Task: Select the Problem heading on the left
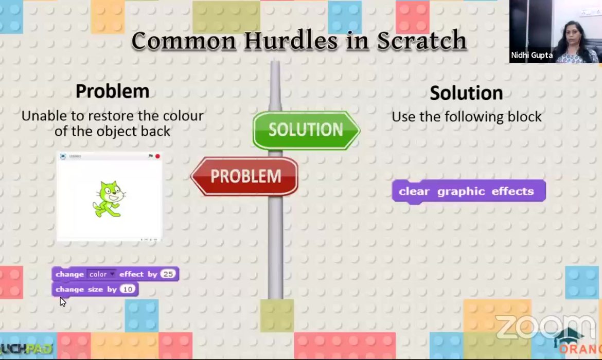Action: [x=112, y=92]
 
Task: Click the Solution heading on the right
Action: [x=466, y=93]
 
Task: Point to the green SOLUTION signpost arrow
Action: [x=306, y=130]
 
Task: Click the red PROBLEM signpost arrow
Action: [x=245, y=176]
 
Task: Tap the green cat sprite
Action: [x=109, y=199]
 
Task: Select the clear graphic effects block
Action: [x=468, y=191]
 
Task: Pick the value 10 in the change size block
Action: [x=128, y=290]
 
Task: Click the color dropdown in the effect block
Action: [x=101, y=274]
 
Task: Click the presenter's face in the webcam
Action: [x=571, y=32]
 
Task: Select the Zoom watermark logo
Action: [x=544, y=327]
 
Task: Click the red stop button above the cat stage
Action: [x=157, y=156]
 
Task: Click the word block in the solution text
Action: [x=523, y=117]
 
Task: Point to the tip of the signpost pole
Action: [x=275, y=63]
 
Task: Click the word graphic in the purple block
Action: [x=461, y=191]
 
